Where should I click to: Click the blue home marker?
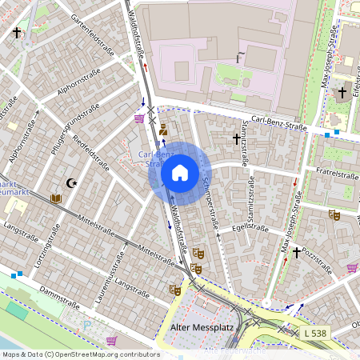(180, 173)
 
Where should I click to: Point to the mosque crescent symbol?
(72, 183)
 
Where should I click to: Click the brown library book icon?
(55, 198)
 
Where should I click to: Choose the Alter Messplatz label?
(193, 327)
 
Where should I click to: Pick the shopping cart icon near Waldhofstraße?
(140, 118)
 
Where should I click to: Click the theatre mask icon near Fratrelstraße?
(333, 214)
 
